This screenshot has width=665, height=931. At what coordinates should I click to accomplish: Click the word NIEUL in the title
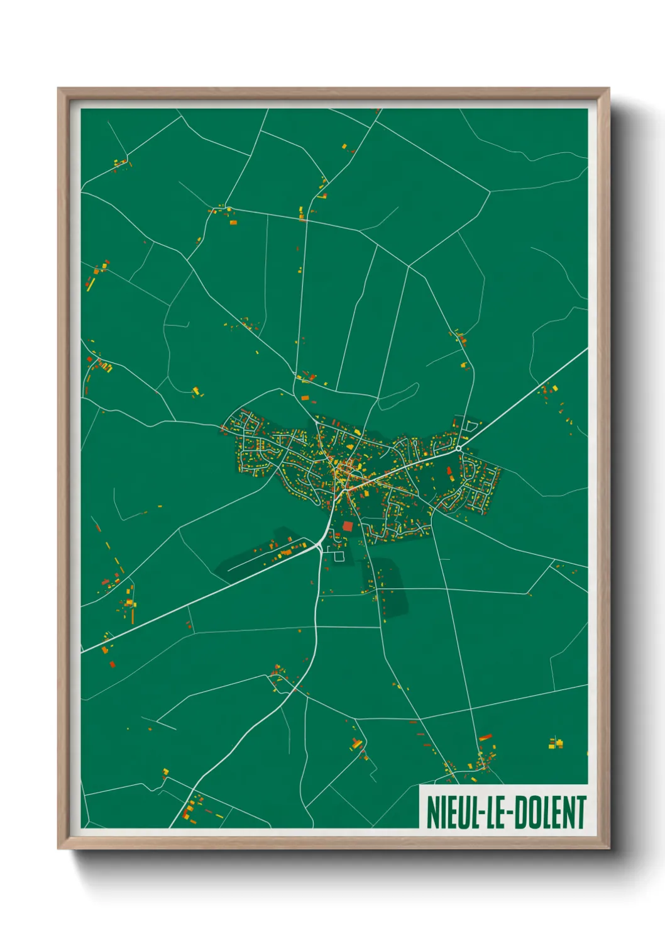pos(451,812)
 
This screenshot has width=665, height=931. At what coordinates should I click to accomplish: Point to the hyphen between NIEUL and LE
pos(478,813)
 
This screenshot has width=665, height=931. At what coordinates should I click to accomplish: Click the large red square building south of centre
pos(348,526)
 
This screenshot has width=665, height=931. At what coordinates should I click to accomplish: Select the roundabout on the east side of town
pos(459,448)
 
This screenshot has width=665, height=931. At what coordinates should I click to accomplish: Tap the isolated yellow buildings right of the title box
pos(556,744)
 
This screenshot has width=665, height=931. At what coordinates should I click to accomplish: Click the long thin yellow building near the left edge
pos(91,284)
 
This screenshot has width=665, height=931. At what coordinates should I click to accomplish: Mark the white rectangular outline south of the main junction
pos(339,556)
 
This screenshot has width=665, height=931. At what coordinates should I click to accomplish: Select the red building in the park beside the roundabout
pos(449,471)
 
